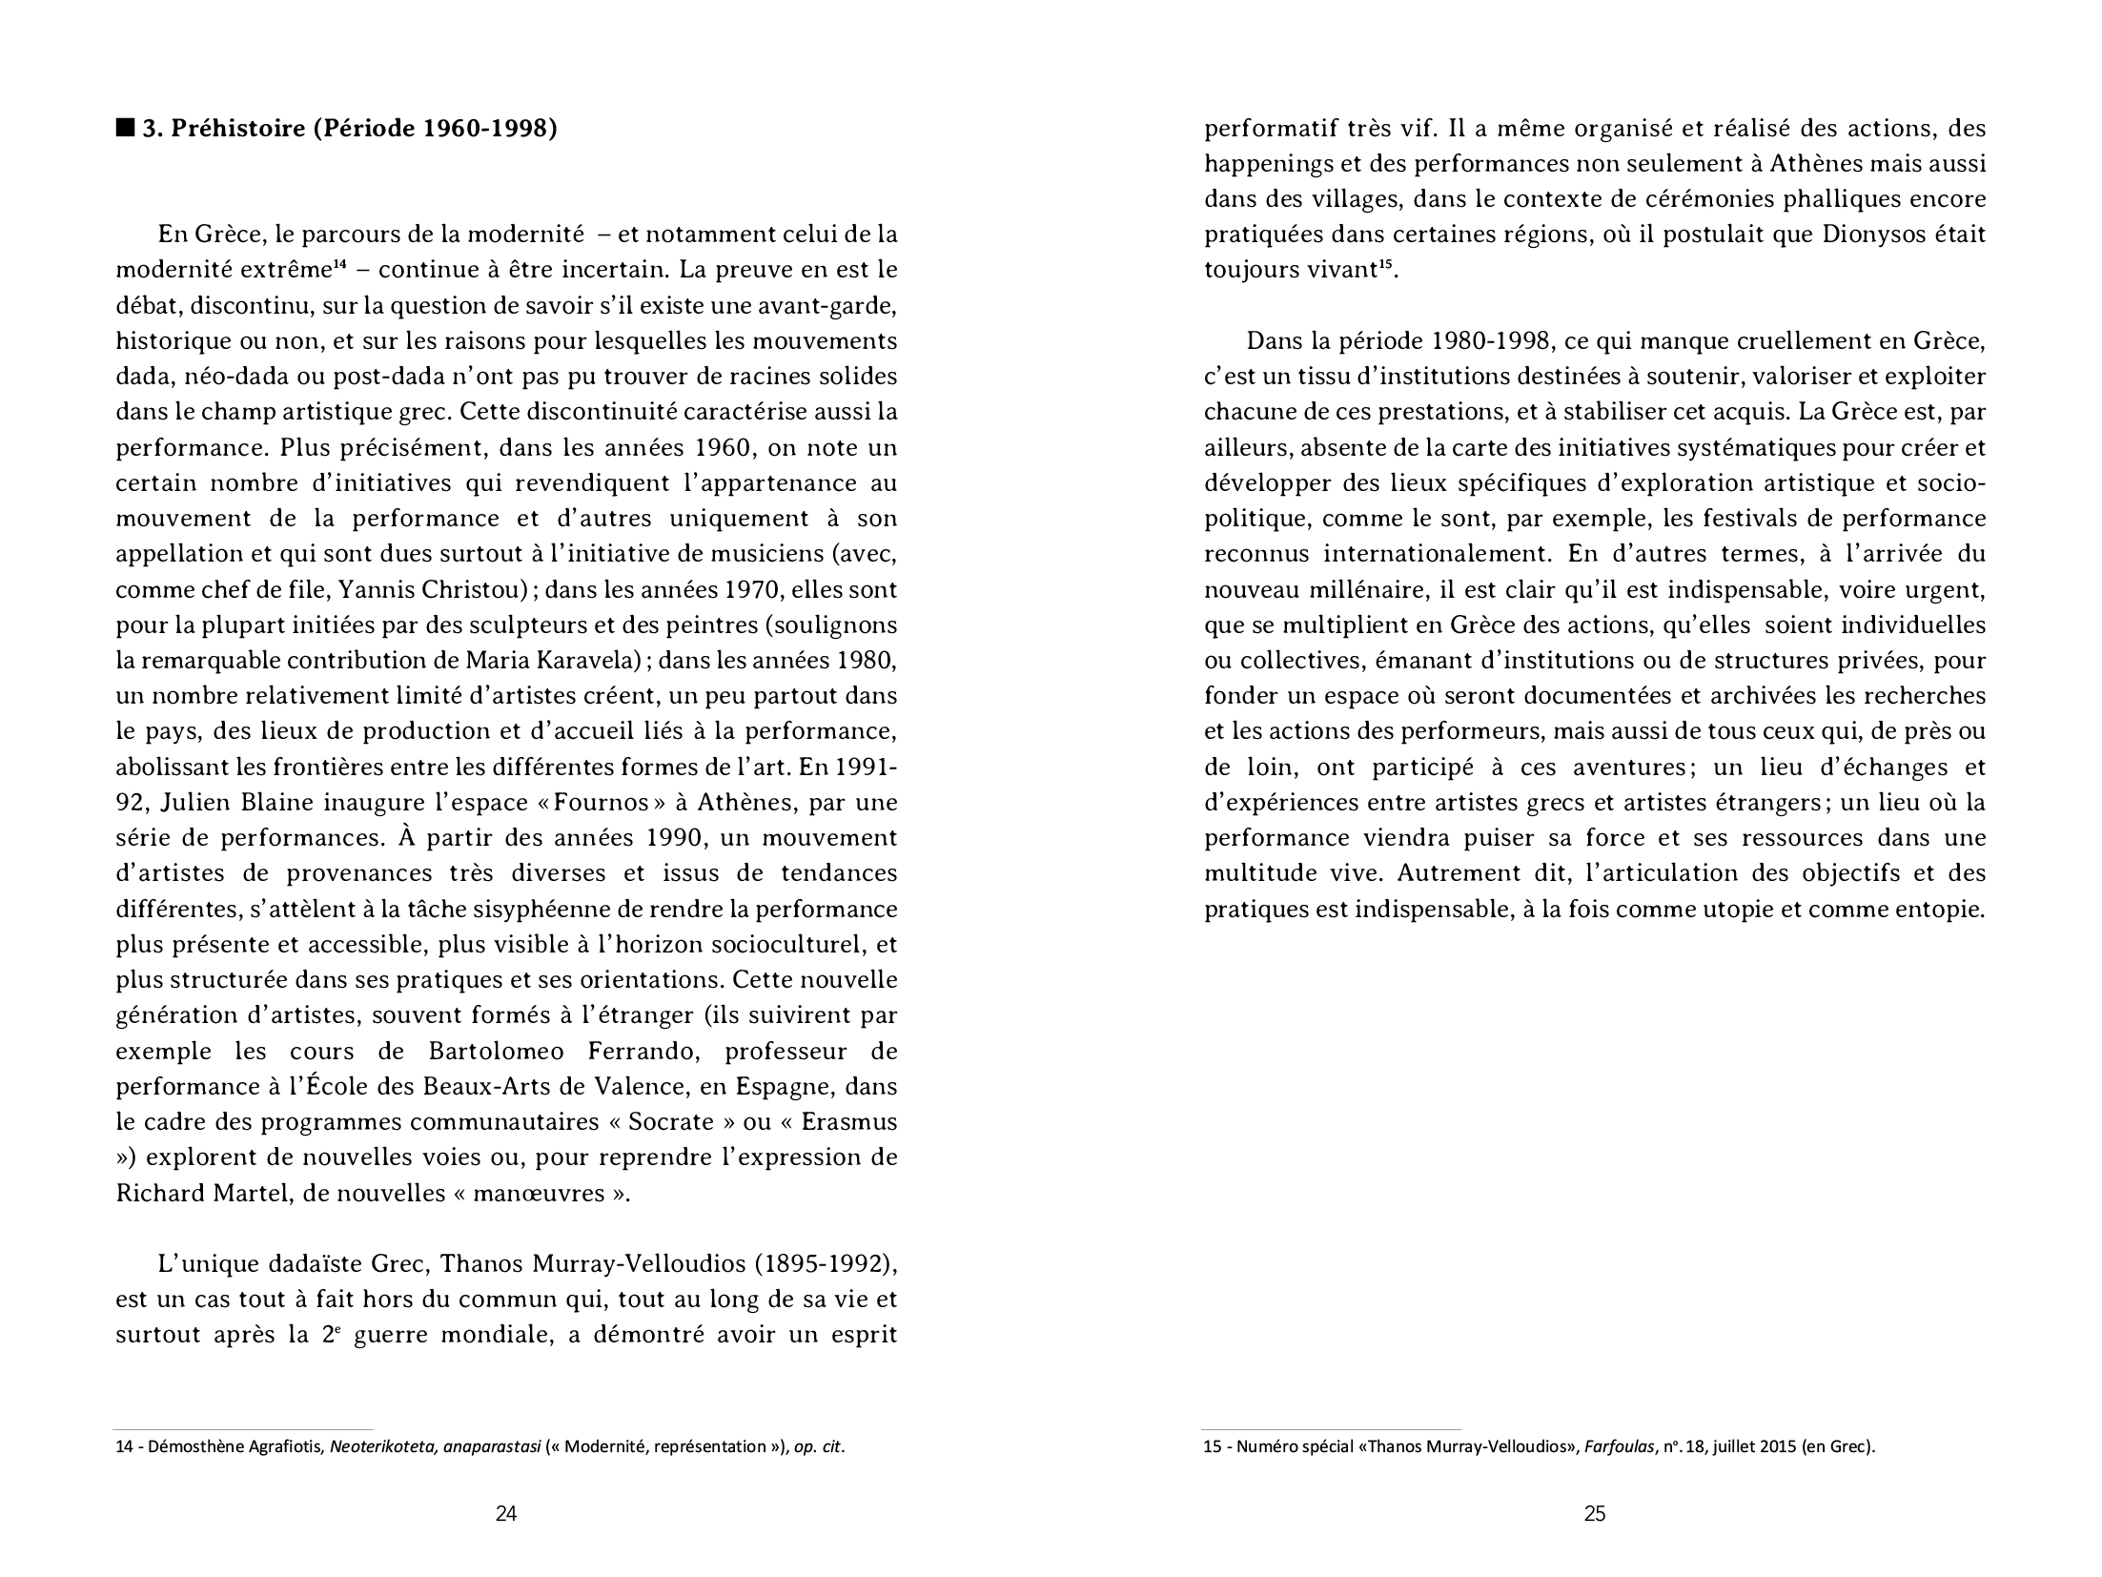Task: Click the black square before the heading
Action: tap(125, 128)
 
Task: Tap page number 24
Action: tap(506, 1513)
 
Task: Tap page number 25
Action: tap(1595, 1513)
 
